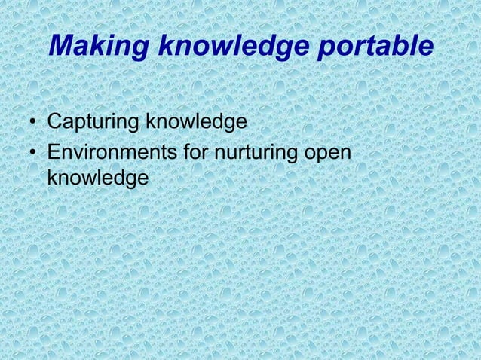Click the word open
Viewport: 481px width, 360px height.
(x=328, y=153)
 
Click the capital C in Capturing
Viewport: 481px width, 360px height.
(x=54, y=122)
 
